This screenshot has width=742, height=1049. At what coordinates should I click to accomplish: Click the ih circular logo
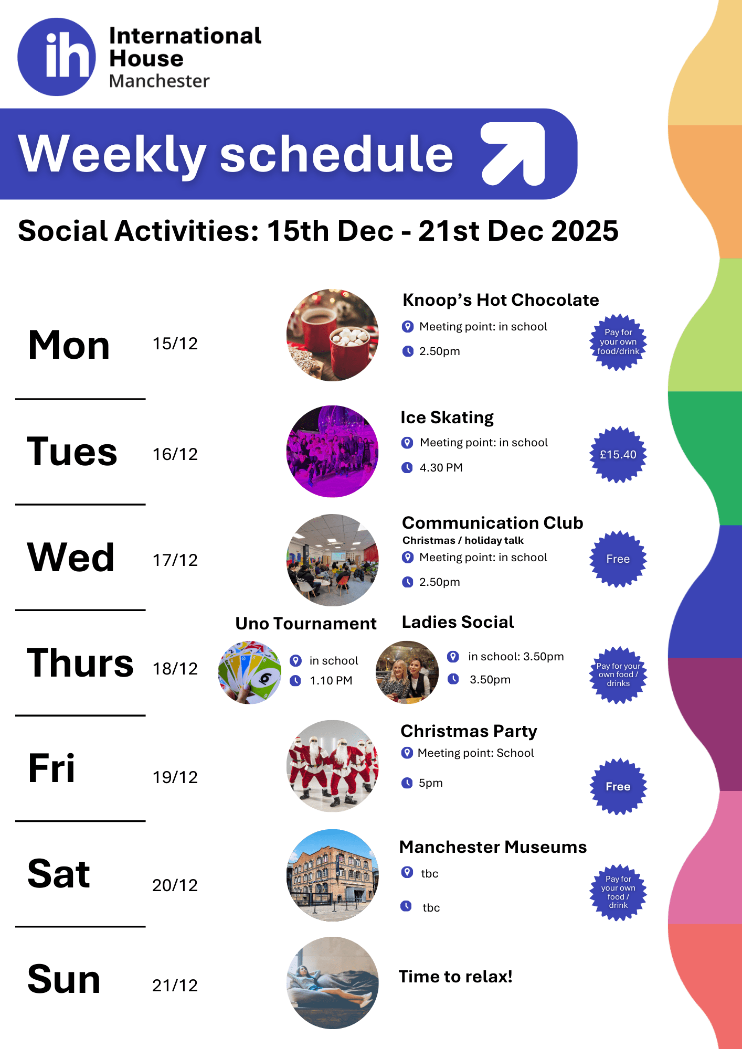point(57,57)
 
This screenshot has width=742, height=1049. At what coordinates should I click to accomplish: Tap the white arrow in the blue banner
point(513,154)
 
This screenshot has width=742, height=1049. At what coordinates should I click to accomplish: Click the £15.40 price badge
point(618,454)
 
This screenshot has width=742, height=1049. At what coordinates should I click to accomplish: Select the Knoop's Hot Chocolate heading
point(501,300)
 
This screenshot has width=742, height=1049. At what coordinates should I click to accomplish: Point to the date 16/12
point(175,454)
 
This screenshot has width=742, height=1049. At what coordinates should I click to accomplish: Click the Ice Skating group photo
point(333,451)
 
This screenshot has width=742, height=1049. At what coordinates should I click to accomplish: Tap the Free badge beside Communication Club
point(618,559)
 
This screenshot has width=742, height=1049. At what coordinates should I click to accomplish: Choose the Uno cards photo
point(250,672)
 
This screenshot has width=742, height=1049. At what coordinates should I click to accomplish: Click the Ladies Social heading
point(458,622)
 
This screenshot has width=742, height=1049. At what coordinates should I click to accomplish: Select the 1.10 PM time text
point(331,681)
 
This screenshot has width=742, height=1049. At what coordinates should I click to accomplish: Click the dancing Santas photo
point(333,766)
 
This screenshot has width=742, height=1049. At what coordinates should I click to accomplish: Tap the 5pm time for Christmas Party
point(431,783)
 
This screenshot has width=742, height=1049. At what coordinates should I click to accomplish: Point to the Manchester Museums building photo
point(333,875)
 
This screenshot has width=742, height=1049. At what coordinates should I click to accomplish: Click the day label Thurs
point(80,663)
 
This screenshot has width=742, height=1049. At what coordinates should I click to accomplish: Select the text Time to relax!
point(455,977)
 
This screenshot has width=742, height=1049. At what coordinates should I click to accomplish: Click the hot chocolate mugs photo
point(333,335)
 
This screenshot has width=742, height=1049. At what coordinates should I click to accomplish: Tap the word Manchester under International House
point(160,81)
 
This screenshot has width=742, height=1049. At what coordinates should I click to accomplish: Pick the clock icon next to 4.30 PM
point(407,467)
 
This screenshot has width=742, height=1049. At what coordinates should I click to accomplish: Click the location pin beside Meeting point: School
point(407,753)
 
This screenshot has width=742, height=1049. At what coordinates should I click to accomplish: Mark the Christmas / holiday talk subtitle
point(463,541)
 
